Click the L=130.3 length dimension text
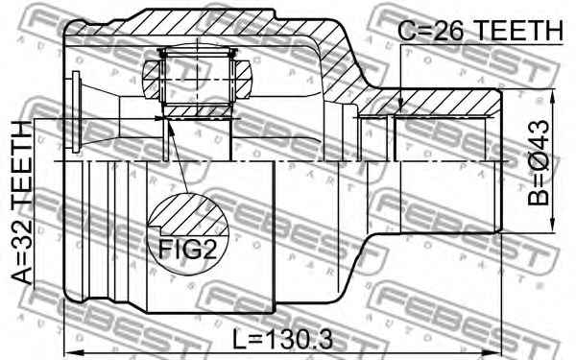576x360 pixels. click(283, 340)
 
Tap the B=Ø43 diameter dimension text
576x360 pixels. click(539, 163)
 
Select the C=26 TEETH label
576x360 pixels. click(481, 30)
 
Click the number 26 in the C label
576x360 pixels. click(448, 30)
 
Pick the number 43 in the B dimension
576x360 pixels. click(539, 133)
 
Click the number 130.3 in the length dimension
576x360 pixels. click(298, 340)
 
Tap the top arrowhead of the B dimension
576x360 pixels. click(552, 94)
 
